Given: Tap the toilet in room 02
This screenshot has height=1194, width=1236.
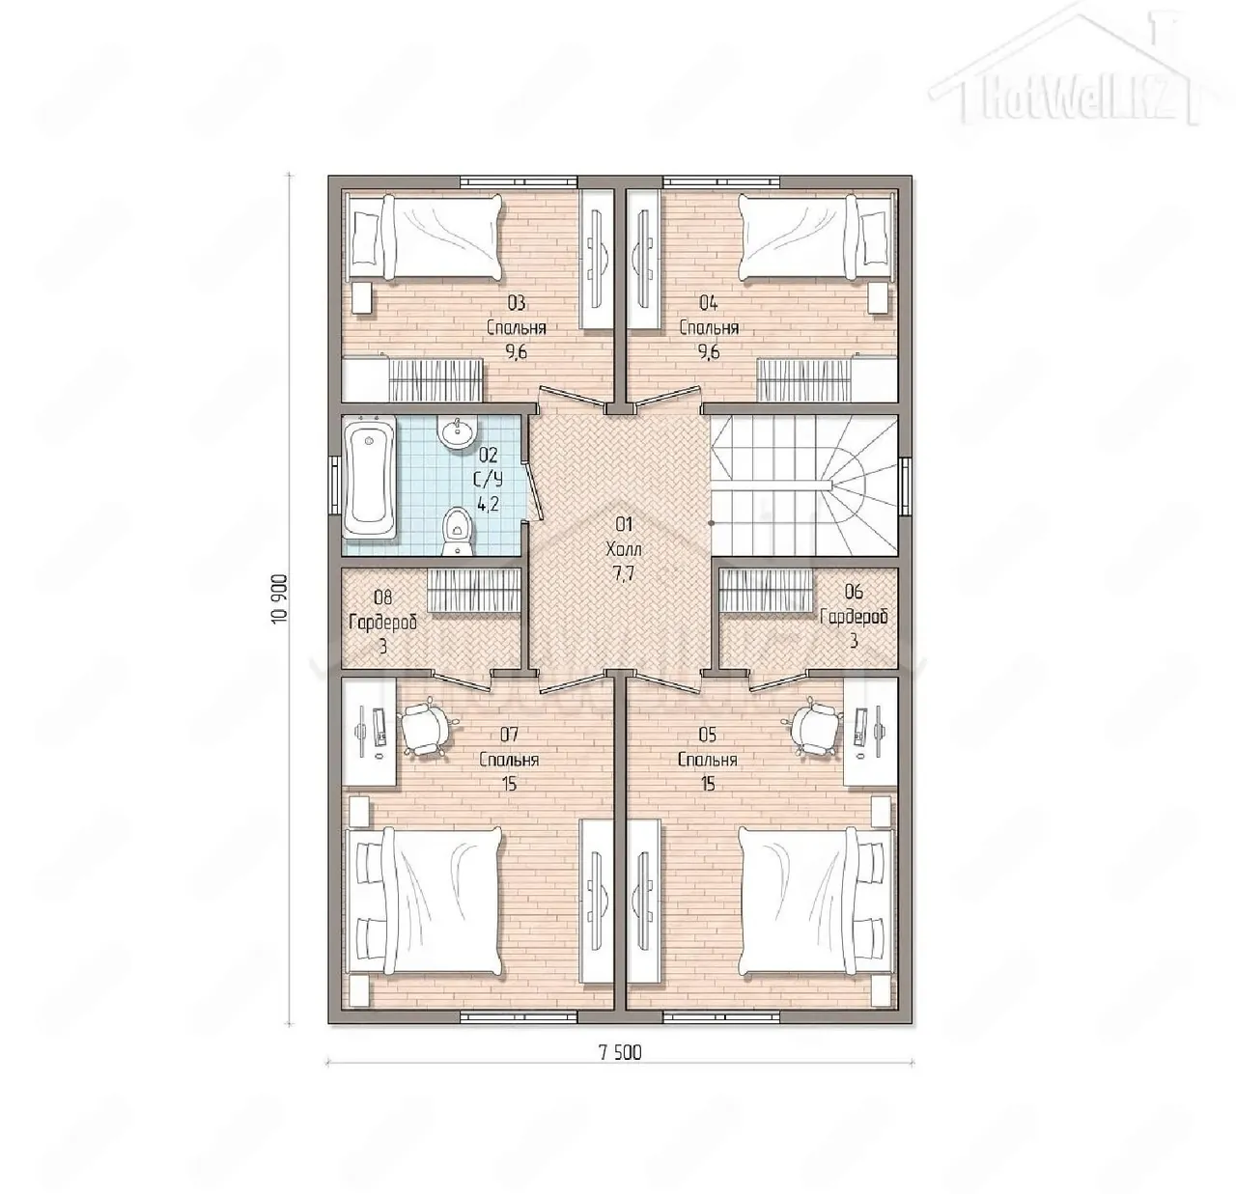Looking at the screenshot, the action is [457, 532].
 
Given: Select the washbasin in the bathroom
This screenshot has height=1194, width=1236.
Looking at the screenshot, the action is [458, 432].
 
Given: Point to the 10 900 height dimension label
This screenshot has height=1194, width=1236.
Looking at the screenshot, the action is [280, 598].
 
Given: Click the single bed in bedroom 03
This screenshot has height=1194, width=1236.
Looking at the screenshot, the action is [423, 236].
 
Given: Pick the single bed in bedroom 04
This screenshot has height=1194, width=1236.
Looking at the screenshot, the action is [818, 236].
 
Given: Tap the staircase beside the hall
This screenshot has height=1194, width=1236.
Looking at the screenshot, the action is [802, 485].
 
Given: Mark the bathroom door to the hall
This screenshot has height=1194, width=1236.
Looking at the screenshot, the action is [532, 490].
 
